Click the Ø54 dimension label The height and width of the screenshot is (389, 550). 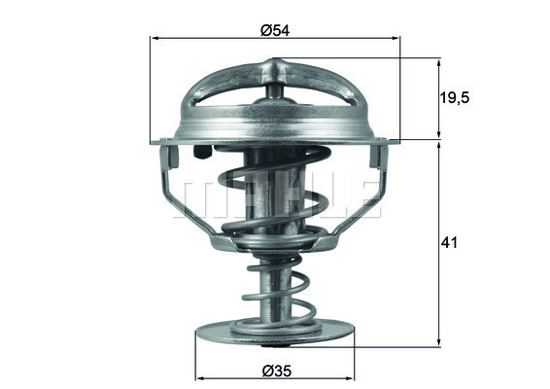click(276, 29)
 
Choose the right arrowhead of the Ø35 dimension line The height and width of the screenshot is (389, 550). click(349, 378)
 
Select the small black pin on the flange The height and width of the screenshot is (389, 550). click(201, 153)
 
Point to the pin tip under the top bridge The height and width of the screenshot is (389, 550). click(276, 92)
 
